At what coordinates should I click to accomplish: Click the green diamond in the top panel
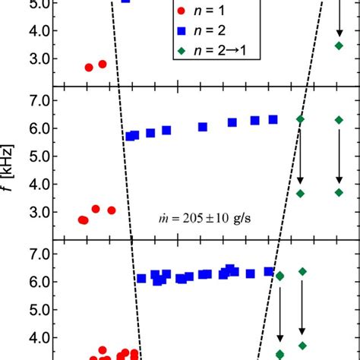click(339, 46)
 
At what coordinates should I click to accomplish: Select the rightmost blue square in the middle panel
click(273, 119)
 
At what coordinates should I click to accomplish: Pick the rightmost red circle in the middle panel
click(112, 210)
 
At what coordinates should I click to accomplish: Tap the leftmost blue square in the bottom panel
click(141, 279)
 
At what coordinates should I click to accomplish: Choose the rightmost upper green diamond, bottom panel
click(302, 271)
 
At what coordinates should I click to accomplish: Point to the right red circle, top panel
click(103, 65)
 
